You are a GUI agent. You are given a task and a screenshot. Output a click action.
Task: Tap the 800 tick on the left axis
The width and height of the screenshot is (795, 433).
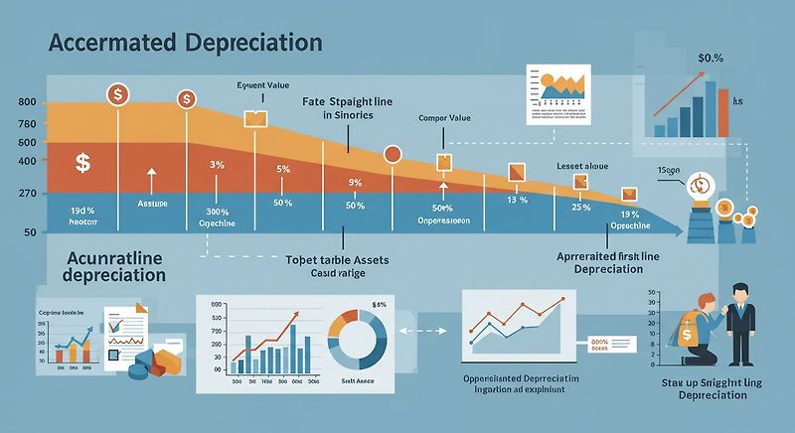point(27,103)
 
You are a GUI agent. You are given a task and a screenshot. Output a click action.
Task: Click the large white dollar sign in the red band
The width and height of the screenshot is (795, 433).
point(82,161)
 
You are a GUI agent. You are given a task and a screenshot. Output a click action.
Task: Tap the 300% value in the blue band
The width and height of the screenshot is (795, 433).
point(218,212)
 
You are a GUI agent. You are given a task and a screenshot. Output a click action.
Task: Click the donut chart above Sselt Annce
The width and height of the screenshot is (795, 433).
point(355,338)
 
